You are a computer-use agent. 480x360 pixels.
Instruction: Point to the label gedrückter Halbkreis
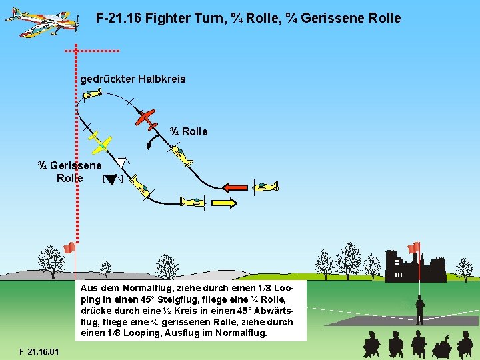click(133, 79)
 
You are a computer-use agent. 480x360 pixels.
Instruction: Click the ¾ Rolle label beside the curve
click(189, 132)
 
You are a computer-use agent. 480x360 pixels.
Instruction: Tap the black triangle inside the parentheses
click(111, 178)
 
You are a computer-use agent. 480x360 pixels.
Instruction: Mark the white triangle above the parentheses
click(120, 162)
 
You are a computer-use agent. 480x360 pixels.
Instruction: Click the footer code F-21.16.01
click(39, 351)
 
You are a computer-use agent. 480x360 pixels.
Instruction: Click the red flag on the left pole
click(69, 248)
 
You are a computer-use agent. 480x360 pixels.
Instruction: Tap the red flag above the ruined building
click(414, 247)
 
